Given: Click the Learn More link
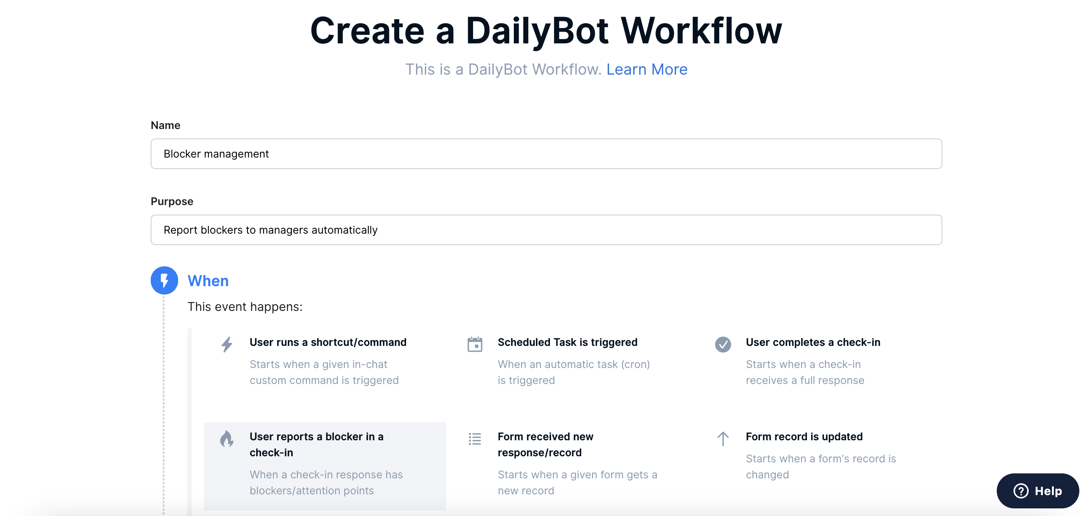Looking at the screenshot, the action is (x=647, y=69).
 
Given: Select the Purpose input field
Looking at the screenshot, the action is (x=546, y=230).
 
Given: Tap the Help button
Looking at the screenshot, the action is (x=1037, y=491).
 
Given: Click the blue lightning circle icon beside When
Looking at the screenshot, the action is (x=164, y=280).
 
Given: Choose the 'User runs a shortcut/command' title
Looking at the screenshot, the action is (x=328, y=342).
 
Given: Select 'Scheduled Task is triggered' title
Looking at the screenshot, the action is (x=567, y=342).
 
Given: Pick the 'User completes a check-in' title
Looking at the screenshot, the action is (x=813, y=342).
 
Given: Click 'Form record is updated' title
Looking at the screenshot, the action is (x=804, y=436).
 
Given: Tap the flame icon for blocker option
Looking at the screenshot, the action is (x=227, y=439).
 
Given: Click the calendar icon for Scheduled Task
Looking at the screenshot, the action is (x=475, y=344).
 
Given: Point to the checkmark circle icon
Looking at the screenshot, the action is (x=723, y=344).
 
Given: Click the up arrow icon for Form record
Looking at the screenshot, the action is (x=723, y=439).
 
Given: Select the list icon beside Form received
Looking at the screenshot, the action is (x=475, y=439).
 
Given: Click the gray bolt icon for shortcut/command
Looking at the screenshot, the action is (x=227, y=344).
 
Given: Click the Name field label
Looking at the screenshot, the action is (x=166, y=125).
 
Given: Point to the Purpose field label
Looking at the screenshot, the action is (x=172, y=201).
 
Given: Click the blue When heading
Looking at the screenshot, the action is (x=208, y=281).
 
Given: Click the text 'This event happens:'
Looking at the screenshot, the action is (x=245, y=307).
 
